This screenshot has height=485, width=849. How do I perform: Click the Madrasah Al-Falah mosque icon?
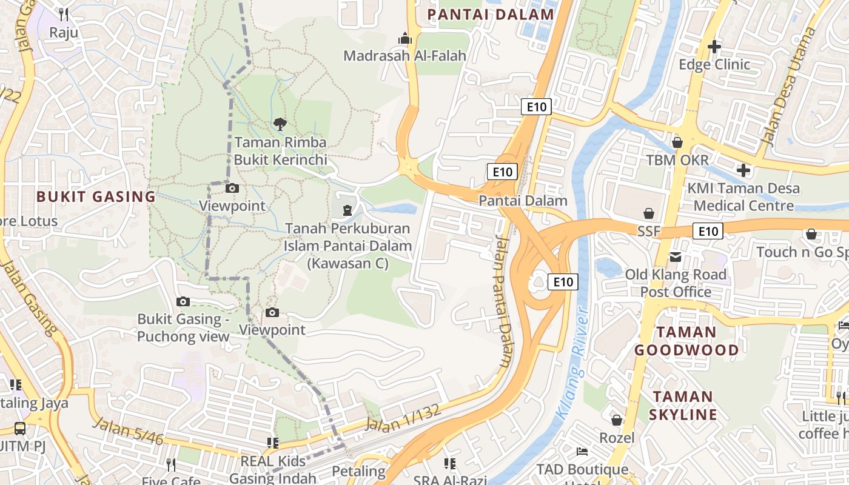405,39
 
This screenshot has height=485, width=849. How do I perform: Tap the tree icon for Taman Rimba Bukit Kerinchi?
280,124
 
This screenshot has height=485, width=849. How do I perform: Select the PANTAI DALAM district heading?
491,15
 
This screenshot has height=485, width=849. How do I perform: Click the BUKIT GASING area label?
96,196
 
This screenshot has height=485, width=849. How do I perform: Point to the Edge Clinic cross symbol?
714,46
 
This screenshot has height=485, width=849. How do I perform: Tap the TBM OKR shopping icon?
677,142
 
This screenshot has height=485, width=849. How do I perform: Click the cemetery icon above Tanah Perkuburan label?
347,210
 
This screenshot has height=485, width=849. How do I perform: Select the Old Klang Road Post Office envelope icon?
676,257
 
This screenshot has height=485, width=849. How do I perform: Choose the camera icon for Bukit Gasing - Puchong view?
183,301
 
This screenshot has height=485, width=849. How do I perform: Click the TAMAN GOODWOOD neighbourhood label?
686,341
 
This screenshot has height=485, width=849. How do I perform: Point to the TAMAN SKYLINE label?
683,406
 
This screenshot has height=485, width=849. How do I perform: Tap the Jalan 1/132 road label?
402,418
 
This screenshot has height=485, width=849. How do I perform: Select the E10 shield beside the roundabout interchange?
563,282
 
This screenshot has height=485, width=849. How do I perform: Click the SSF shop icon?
649,213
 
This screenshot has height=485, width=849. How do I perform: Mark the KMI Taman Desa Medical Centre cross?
743,170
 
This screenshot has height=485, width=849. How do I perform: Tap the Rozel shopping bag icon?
617,420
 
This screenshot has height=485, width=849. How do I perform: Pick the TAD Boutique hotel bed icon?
582,452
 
